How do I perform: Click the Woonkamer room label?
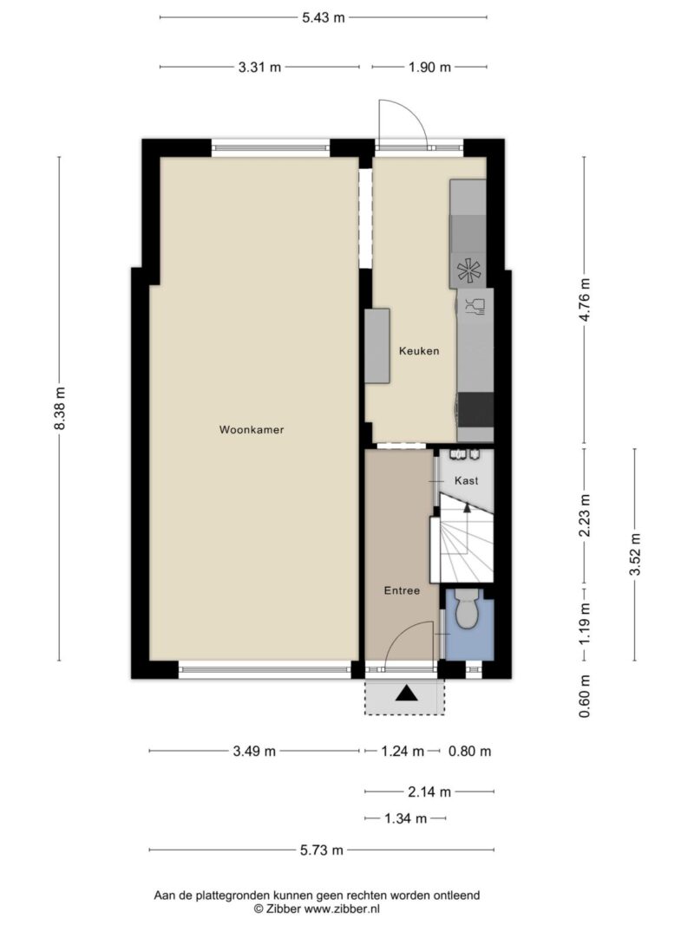click(252, 430)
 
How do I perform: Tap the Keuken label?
click(419, 351)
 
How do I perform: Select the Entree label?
click(402, 590)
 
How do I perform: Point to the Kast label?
click(466, 481)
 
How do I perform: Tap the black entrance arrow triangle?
click(407, 694)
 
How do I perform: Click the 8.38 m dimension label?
click(59, 409)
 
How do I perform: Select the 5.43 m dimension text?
click(324, 17)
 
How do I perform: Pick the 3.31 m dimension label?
click(259, 68)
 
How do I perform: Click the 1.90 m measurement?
click(429, 68)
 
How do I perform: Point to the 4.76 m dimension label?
click(584, 300)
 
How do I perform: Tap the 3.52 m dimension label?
click(635, 555)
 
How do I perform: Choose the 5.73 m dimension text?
click(322, 850)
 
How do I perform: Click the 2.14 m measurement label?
click(429, 791)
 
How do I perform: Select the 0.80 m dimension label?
click(469, 751)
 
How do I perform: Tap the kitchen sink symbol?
click(475, 306)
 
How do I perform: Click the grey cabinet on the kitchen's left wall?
click(377, 346)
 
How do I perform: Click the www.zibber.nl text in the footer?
click(342, 909)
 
